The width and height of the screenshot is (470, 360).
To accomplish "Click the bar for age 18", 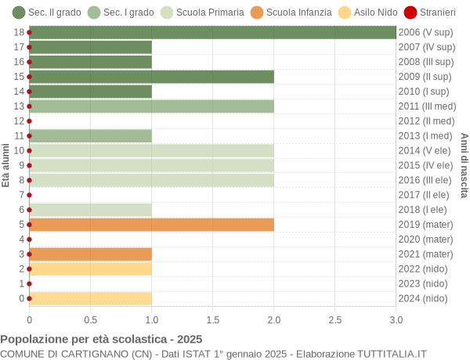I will pyautogui.click(x=212, y=32).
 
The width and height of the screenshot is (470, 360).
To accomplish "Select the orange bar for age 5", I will pyautogui.click(x=151, y=225).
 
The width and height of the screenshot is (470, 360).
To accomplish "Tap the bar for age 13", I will pyautogui.click(x=151, y=106).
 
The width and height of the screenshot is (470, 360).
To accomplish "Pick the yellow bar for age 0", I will pyautogui.click(x=90, y=298).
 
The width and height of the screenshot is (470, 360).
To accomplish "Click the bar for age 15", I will pyautogui.click(x=151, y=77).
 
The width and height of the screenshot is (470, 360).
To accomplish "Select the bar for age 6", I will pyautogui.click(x=90, y=210).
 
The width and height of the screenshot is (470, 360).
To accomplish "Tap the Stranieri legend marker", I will pyautogui.click(x=410, y=13).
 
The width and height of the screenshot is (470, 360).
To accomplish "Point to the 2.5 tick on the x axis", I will pyautogui.click(x=335, y=319).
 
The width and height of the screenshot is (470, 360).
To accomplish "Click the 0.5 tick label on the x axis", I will pyautogui.click(x=91, y=319).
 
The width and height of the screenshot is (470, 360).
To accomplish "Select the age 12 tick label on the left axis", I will pyautogui.click(x=19, y=121).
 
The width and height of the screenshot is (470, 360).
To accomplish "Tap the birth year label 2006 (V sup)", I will pyautogui.click(x=425, y=33).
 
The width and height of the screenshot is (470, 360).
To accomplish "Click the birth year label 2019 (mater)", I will pyautogui.click(x=425, y=225).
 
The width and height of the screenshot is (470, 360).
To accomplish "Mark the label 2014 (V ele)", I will pyautogui.click(x=425, y=150).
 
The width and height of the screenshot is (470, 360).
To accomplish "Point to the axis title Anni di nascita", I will pyautogui.click(x=464, y=165).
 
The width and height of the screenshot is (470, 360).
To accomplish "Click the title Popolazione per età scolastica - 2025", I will pyautogui.click(x=101, y=340).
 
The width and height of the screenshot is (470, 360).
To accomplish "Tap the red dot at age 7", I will pyautogui.click(x=30, y=195).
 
